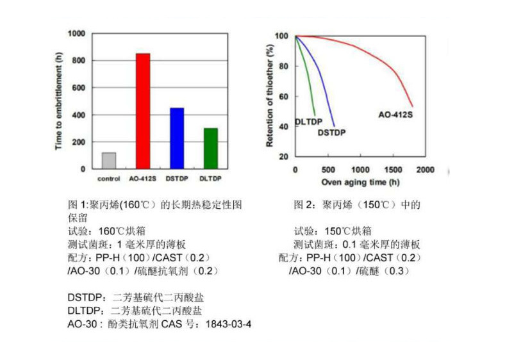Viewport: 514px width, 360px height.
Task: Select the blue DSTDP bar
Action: (x=176, y=138)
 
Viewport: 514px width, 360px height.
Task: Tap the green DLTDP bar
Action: (x=210, y=149)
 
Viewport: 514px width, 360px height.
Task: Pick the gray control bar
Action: (x=109, y=161)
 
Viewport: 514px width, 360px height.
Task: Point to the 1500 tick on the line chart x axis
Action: (x=393, y=170)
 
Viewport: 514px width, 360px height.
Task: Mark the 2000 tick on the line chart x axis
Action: (x=426, y=170)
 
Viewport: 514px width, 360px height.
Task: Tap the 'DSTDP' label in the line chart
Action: (x=332, y=133)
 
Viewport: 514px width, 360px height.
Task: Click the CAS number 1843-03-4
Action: (x=228, y=324)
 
